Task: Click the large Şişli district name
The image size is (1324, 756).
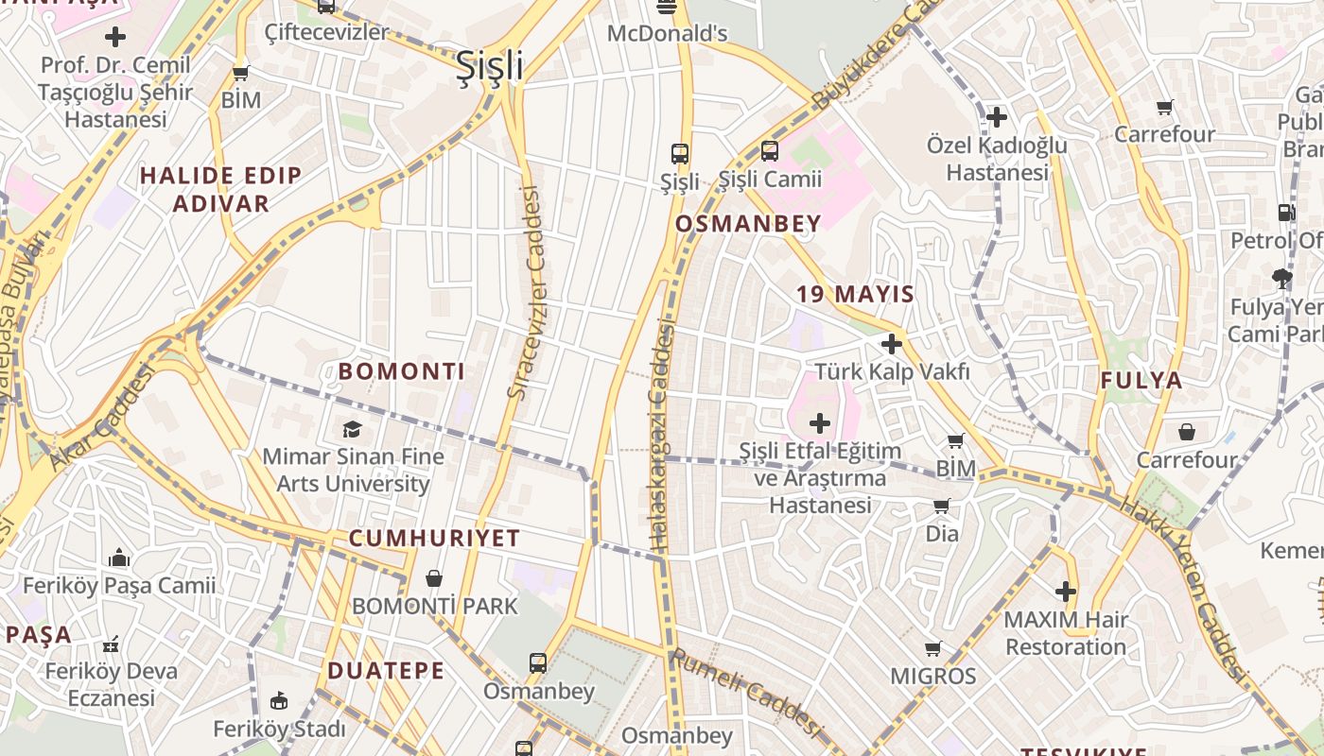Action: coord(489,65)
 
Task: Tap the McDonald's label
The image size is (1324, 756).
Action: coord(667,34)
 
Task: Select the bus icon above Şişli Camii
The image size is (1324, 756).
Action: coord(770,151)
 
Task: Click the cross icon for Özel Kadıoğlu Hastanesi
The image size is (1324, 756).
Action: coord(997,117)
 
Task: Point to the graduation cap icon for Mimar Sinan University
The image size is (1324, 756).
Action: coord(352,429)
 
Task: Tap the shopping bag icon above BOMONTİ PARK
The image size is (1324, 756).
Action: coord(434,577)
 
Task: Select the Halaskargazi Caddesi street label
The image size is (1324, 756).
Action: coord(662,435)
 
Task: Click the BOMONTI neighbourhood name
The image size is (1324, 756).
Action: coord(402,371)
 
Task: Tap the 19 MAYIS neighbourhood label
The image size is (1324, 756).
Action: coord(855,294)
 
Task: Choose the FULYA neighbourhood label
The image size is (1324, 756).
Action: coord(1141,381)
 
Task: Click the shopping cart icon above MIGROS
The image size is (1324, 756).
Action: coord(932,648)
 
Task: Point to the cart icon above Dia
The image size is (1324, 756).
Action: coord(941,507)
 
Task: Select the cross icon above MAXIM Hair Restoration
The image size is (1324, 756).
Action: coord(1066,592)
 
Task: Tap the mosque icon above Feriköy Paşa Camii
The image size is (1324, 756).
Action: coord(119,558)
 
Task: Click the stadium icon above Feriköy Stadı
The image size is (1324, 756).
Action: coord(279,701)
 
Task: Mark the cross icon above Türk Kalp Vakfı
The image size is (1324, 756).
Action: coord(891,344)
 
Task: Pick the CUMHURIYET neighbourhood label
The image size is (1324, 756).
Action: coord(434,539)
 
